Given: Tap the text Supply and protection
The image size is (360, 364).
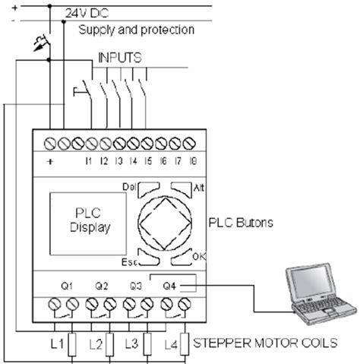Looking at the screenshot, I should tap(136, 30).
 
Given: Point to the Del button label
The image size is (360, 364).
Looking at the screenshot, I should tap(127, 186).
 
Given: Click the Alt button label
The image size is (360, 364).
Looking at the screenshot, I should tap(199, 186).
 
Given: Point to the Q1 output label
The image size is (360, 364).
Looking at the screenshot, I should tap(66, 286).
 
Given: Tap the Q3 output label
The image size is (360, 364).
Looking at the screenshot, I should tap(136, 286).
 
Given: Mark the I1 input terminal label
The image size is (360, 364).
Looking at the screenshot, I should tap(88, 162).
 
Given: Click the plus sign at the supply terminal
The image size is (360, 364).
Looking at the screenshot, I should tap(49, 162).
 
